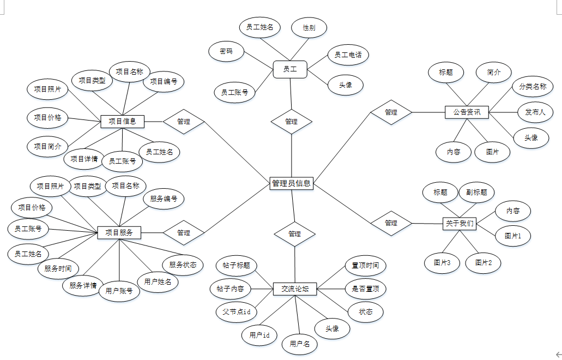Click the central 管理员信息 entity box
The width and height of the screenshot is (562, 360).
[292, 183]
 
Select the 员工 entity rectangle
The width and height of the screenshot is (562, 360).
[290, 69]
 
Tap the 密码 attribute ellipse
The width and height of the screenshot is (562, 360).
[226, 51]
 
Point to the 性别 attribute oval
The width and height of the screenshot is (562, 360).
[309, 27]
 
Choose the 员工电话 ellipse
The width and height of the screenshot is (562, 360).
[348, 55]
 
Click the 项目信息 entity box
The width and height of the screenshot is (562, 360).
[123, 121]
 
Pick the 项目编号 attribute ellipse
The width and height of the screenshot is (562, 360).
[164, 81]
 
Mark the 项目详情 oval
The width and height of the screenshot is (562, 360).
[84, 159]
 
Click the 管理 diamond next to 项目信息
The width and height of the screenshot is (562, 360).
[184, 121]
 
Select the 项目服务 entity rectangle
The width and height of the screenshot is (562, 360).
[119, 232]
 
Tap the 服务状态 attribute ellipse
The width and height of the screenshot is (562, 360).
[183, 265]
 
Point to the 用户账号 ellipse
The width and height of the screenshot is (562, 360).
[119, 291]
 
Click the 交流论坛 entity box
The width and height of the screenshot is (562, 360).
[295, 289]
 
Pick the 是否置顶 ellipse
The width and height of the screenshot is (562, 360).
[365, 289]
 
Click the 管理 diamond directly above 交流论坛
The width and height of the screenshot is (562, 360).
[294, 233]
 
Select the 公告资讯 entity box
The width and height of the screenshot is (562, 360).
[467, 112]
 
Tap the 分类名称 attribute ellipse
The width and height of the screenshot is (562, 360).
[533, 86]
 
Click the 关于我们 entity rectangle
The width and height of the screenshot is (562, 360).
[460, 223]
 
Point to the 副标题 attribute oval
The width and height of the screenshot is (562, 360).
[476, 192]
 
